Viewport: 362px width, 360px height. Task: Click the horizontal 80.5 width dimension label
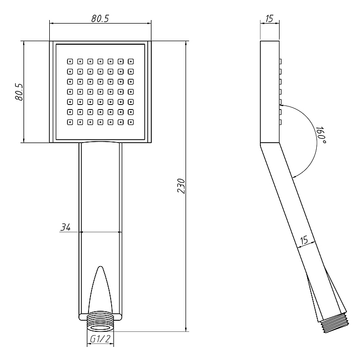pos(100,19)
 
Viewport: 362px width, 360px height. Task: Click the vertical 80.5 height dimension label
pos(19,92)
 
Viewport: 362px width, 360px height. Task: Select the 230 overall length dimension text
pos(181,186)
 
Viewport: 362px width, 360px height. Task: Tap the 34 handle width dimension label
pos(65,227)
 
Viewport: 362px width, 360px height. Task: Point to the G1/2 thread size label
pos(101,339)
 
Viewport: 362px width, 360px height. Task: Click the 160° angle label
pos(321,135)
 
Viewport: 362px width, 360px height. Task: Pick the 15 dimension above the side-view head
pos(269,19)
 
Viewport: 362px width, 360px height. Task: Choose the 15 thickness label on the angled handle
pos(304,241)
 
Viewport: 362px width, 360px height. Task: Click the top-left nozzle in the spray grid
pos(70,62)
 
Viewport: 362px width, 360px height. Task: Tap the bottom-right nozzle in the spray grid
pos(131,122)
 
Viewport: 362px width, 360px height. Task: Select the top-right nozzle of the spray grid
pos(131,62)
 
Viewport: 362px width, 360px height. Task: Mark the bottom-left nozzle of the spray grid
pos(70,122)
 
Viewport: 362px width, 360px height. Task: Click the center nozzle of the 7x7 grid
pos(101,92)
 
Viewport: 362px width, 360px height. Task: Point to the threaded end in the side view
pos(334,323)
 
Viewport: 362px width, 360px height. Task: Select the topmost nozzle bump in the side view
pos(280,62)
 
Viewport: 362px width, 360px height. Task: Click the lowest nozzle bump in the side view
pos(280,122)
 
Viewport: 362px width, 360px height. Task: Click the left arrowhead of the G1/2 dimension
pos(89,343)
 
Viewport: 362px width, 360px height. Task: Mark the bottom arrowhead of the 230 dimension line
pos(186,329)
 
